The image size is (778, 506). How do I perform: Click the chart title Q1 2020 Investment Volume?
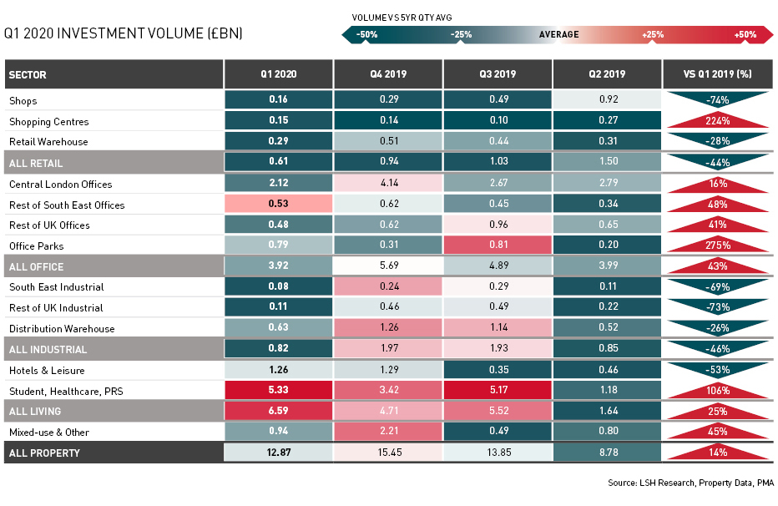coord(124,34)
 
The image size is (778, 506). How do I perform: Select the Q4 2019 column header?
coord(388,74)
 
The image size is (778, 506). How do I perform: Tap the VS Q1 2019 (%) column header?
coord(717,74)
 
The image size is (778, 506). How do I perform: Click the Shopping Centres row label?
coord(48,122)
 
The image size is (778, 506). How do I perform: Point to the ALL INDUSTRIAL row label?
coord(48,350)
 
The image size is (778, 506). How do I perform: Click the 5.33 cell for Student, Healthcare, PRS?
coord(278,391)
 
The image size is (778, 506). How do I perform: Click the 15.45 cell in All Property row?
coord(388,453)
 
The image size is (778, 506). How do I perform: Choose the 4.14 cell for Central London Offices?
coord(388,184)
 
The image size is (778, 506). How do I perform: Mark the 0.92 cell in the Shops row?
coord(607,100)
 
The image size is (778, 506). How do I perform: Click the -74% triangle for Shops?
coord(717,99)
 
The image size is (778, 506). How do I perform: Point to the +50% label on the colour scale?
coord(745,34)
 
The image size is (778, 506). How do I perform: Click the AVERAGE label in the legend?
coord(558,34)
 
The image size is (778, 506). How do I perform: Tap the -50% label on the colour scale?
coord(366,34)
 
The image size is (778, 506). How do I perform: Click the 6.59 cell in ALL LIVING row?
coord(278,412)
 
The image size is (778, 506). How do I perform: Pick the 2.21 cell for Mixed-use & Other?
coord(388,433)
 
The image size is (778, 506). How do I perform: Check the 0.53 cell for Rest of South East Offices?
coord(278,205)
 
